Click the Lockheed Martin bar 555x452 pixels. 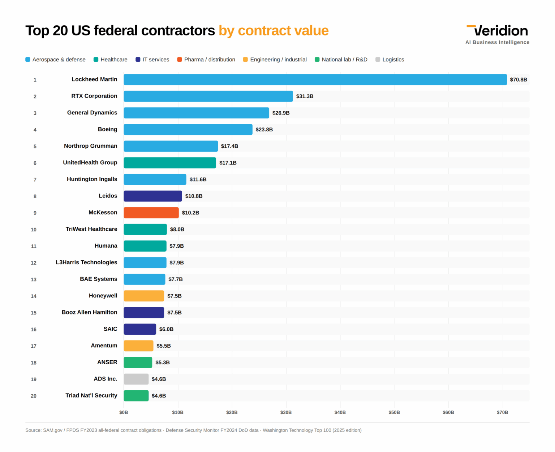(x=315, y=79)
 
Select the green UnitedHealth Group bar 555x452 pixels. (x=170, y=163)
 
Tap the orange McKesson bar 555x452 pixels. (x=151, y=213)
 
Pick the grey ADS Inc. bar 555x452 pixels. (x=136, y=379)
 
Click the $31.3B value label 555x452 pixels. (x=305, y=96)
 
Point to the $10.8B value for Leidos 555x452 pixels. (x=194, y=196)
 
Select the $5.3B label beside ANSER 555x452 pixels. (x=162, y=362)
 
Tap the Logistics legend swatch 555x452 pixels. (x=378, y=60)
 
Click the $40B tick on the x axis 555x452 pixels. (x=340, y=412)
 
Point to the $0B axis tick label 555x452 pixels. (x=124, y=412)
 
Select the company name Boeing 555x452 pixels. (x=107, y=129)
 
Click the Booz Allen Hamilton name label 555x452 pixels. (x=89, y=312)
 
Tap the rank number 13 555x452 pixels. (x=34, y=279)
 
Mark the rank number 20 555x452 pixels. (x=34, y=396)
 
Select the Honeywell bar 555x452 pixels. (x=144, y=296)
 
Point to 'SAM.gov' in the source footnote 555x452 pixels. (x=53, y=430)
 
